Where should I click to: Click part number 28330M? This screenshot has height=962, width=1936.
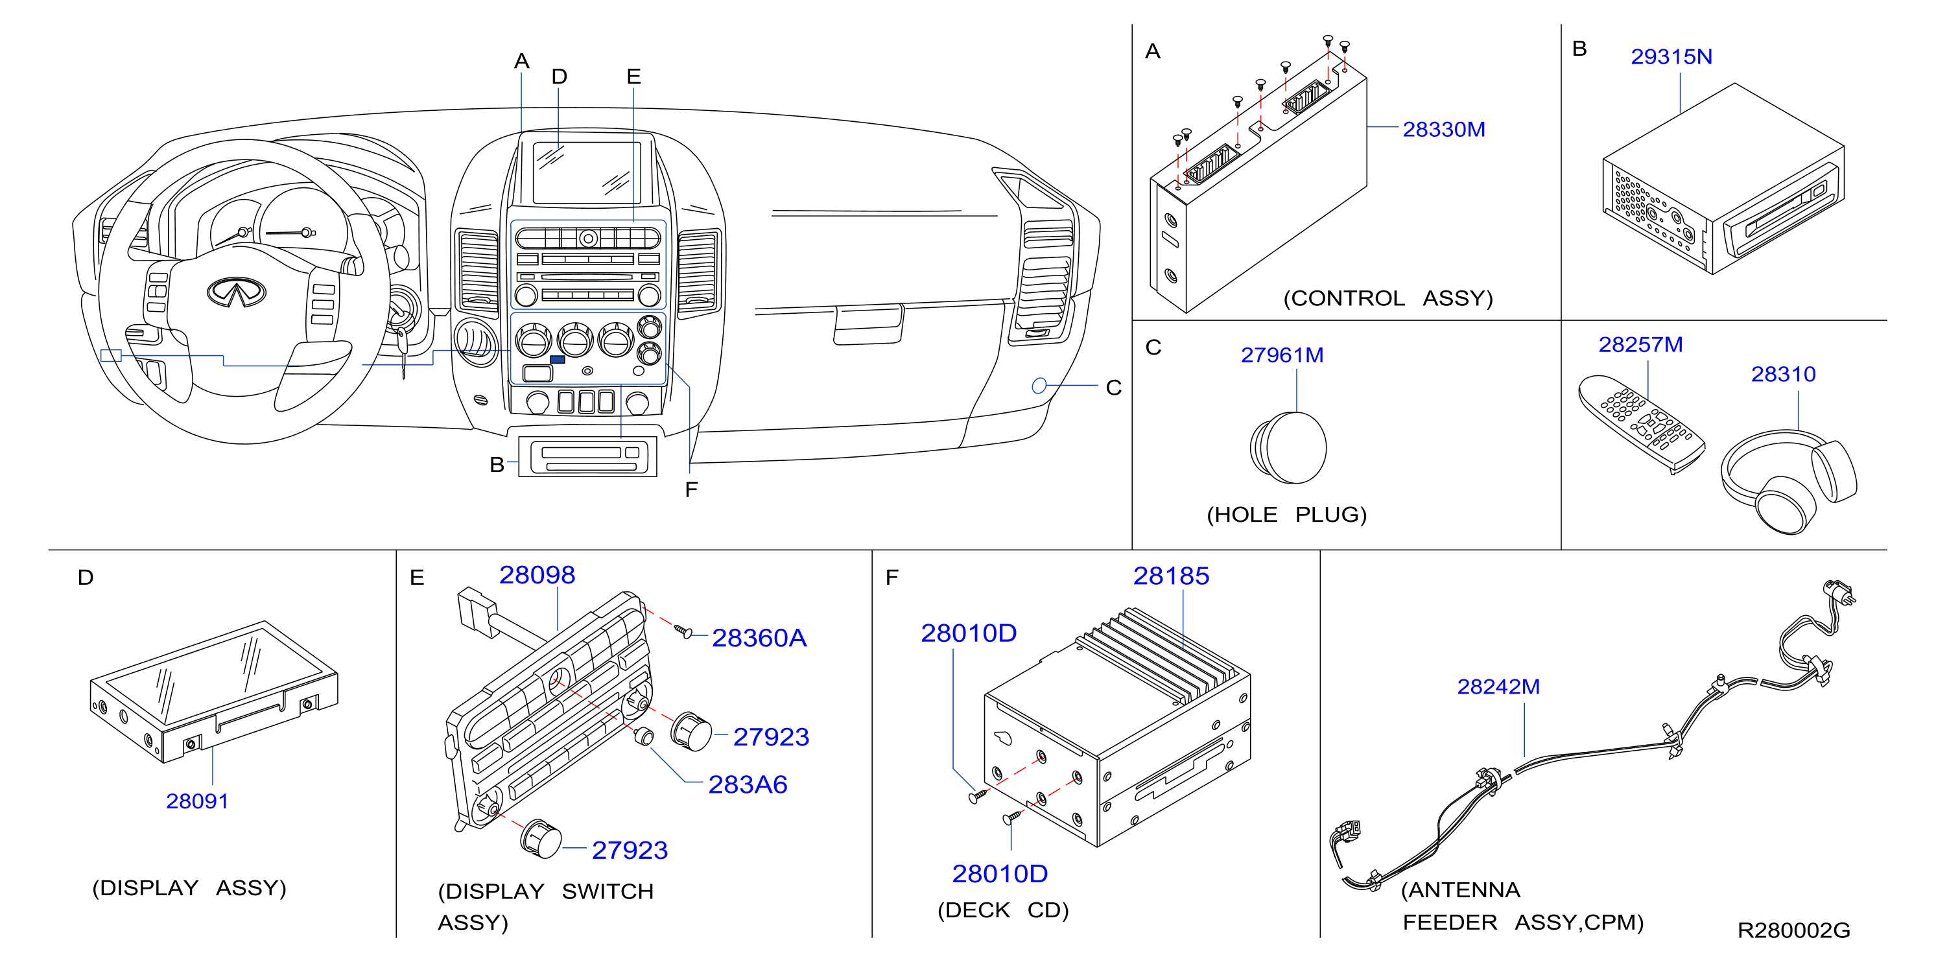point(1444,129)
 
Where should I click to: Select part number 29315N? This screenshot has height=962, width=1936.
point(1671,56)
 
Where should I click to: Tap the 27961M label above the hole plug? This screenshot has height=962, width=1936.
point(1282,355)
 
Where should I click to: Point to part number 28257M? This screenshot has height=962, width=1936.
point(1640,344)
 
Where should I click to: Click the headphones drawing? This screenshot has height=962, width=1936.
point(1789,481)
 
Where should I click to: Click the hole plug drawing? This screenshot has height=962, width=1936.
point(1288,448)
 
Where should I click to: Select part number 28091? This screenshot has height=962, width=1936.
point(197,801)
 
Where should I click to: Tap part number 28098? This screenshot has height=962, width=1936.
point(537,575)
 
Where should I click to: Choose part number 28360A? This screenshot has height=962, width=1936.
point(759,638)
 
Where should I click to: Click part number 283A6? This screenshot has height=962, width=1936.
point(748,784)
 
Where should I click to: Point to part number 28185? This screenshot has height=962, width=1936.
point(1171,576)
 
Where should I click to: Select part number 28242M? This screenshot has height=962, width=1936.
point(1498,686)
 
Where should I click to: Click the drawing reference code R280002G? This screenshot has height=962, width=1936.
point(1794,930)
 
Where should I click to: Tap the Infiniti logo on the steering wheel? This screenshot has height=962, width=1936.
point(236,292)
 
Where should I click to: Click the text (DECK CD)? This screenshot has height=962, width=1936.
point(1002,910)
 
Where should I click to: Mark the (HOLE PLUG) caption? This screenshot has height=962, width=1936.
point(1286,515)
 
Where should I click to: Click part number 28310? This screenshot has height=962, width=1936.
point(1784,373)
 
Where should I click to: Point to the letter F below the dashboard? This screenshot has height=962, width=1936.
point(691,490)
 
